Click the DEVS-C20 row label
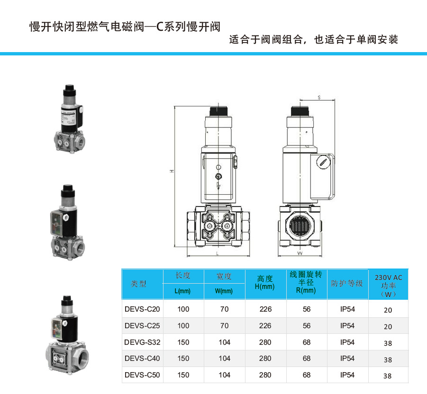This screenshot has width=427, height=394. point(142,309)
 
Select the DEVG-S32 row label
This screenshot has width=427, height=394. point(142,342)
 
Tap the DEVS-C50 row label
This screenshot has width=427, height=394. point(142,375)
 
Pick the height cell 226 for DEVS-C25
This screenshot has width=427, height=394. point(265,326)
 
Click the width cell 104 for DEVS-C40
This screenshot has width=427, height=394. point(224,358)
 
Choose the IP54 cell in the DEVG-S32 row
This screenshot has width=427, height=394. point(347,342)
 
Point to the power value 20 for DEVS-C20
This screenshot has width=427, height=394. point(388,310)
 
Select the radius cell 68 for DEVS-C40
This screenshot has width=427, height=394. point(307,358)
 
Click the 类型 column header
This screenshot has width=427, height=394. point(139,284)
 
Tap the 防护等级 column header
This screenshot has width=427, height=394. point(347,283)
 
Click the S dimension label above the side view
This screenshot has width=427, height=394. point(319,98)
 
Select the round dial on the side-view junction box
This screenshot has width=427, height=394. point(323,162)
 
